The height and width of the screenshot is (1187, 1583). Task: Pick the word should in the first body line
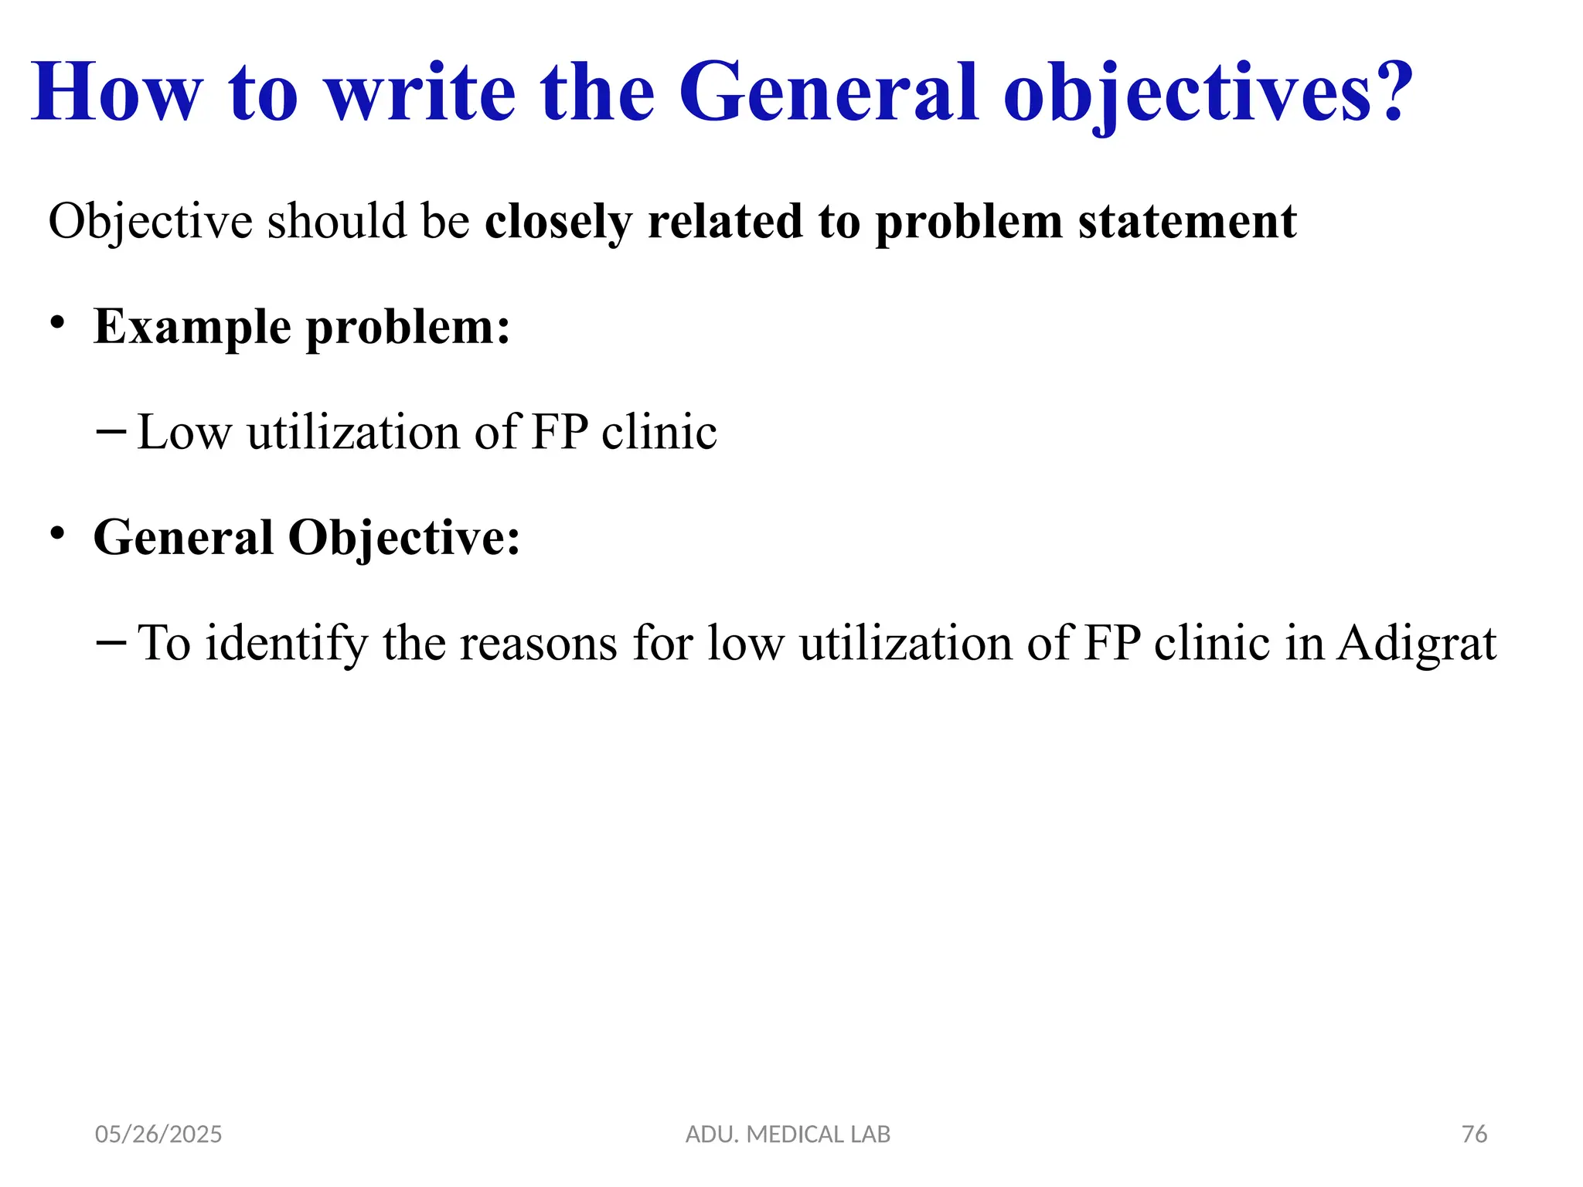click(x=337, y=223)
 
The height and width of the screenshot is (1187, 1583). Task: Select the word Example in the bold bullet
click(x=193, y=327)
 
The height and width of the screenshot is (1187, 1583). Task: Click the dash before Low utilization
click(x=111, y=431)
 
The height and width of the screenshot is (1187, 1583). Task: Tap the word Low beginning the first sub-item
click(x=184, y=433)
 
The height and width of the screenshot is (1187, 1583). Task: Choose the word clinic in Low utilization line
click(x=659, y=433)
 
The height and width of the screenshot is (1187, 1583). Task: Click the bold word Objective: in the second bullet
click(x=403, y=538)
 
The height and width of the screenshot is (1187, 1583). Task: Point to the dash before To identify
click(x=111, y=642)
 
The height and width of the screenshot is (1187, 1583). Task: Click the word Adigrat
click(x=1416, y=644)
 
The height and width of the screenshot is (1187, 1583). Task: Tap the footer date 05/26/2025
click(x=158, y=1134)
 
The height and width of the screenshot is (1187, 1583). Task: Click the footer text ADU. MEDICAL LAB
click(x=788, y=1134)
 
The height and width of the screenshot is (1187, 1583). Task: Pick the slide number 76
click(x=1474, y=1134)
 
